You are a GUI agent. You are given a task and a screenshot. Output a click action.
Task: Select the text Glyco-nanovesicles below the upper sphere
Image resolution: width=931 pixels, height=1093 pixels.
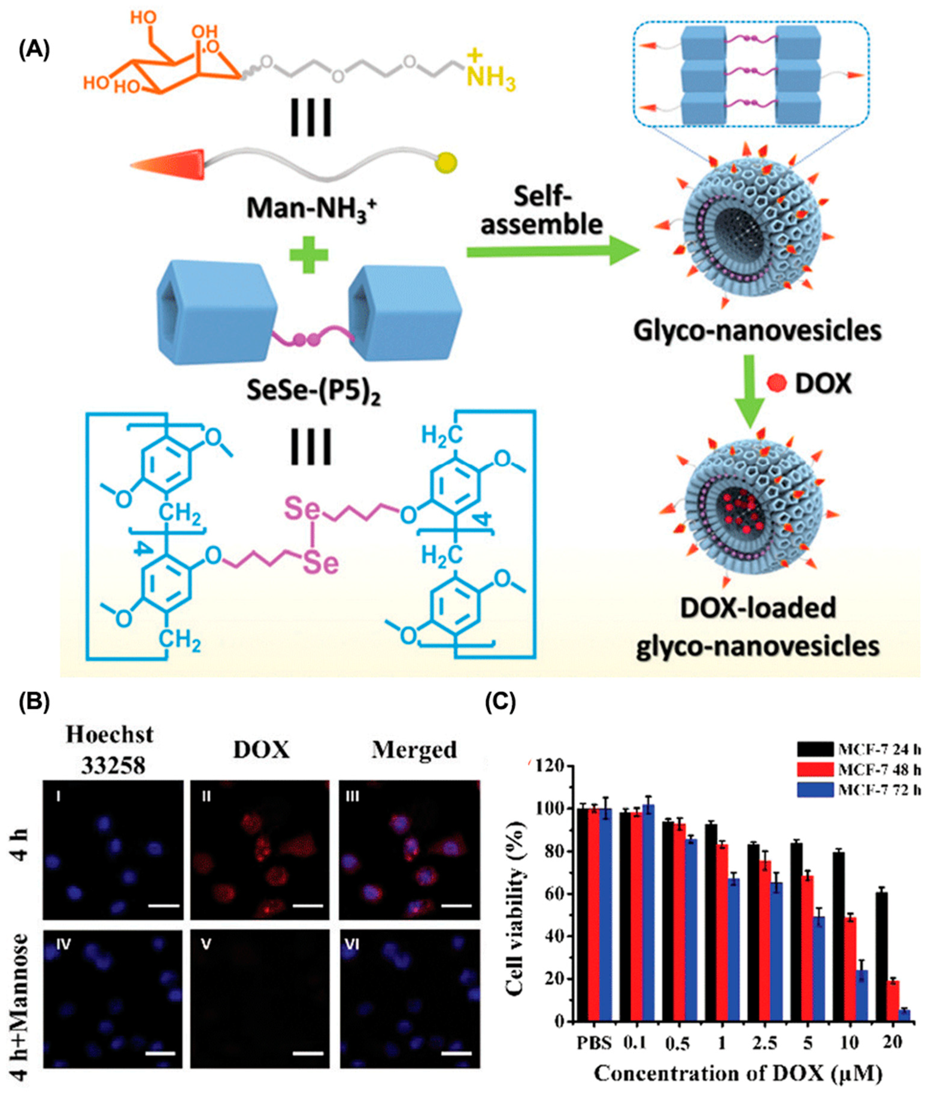click(757, 331)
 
